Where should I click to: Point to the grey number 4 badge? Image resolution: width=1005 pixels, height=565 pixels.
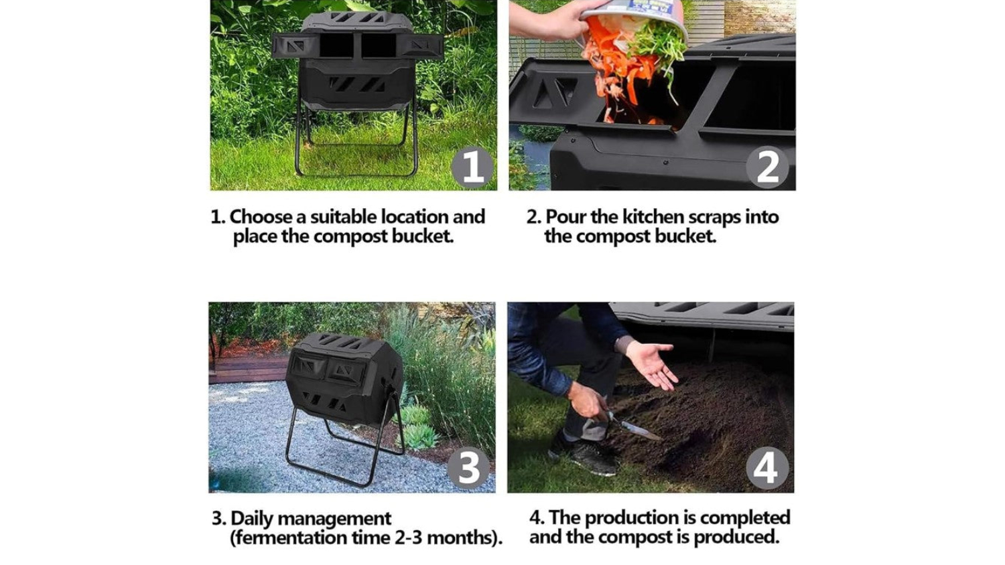pyautogui.click(x=767, y=468)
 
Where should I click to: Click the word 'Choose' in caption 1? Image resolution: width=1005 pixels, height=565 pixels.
pyautogui.click(x=261, y=217)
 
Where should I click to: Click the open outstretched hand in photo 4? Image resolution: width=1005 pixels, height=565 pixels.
pyautogui.click(x=651, y=364)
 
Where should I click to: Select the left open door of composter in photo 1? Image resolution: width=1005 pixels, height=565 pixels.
pyautogui.click(x=295, y=46)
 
